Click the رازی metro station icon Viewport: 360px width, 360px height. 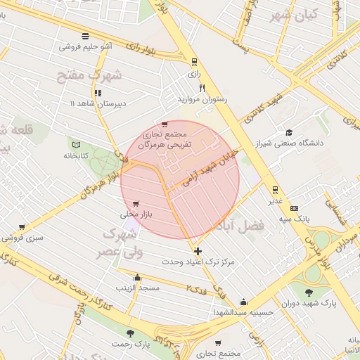(x=194, y=61)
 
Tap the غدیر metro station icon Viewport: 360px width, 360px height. (x=274, y=189)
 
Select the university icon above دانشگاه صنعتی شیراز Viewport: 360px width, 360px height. (x=288, y=132)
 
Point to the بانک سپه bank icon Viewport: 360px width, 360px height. (x=294, y=208)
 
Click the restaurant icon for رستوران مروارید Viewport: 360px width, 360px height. (x=203, y=89)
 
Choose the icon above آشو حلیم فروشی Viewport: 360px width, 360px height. (x=85, y=36)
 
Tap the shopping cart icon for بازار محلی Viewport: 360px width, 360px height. (x=125, y=203)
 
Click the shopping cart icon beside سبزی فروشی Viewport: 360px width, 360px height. (x=22, y=227)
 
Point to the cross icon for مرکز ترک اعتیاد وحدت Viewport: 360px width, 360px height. (x=198, y=251)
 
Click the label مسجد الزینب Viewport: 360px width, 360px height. (x=139, y=288)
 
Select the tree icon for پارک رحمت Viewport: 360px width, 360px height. (x=129, y=333)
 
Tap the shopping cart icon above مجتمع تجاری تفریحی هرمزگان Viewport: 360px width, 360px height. (x=165, y=124)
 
